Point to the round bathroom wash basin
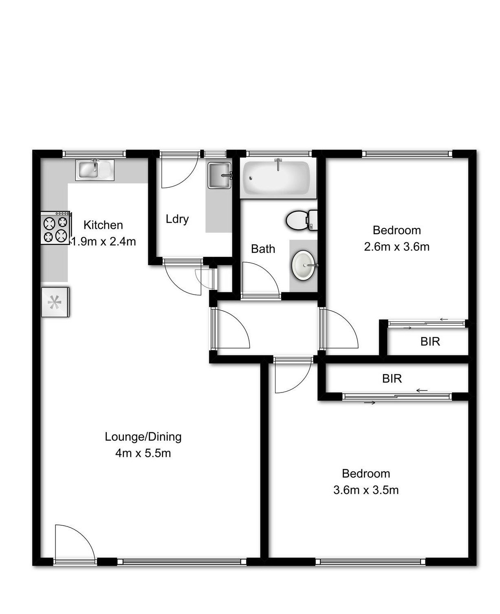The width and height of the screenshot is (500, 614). pos(304,265)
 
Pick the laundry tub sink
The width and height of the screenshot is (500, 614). pos(220,175)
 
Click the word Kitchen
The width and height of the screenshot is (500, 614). pos(103,225)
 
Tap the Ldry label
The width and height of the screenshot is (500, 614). pos(177,219)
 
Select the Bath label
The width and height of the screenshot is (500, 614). pos(263,249)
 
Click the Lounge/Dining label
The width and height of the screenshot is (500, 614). pos(143,437)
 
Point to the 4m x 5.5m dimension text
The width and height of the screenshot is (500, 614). pos(143,453)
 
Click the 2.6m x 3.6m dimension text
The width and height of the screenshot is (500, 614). pos(396,247)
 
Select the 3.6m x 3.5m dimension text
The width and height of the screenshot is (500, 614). pos(366,490)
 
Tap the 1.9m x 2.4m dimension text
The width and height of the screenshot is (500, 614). pos(104,241)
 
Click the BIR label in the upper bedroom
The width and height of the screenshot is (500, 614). pos(430,341)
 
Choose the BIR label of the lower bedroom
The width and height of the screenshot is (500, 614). pos(392,379)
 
